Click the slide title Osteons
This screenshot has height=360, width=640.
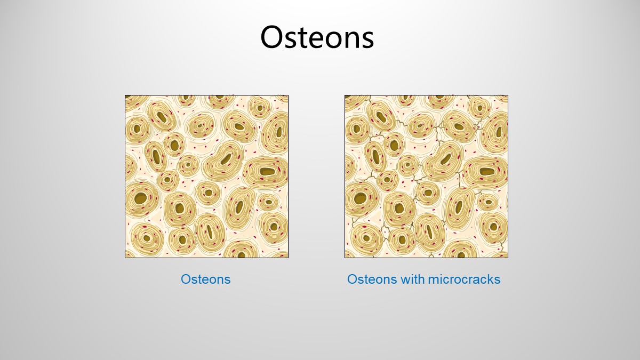click(x=317, y=37)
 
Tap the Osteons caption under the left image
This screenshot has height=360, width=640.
click(x=205, y=279)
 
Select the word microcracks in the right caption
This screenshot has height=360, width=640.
click(x=464, y=279)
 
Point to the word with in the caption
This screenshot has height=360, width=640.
click(x=412, y=279)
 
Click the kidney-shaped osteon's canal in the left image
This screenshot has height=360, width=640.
click(x=226, y=159)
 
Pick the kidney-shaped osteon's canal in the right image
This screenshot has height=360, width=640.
click(x=446, y=159)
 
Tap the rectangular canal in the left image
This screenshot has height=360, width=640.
click(x=267, y=172)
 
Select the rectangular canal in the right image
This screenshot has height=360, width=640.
click(x=487, y=172)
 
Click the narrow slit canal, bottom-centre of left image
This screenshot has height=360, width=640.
click(x=210, y=231)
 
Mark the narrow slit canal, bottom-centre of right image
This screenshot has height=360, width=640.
click(x=429, y=231)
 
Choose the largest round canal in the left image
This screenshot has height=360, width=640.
click(x=141, y=198)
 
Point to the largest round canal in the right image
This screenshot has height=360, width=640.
click(x=361, y=198)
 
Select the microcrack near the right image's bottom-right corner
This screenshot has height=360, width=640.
click(x=503, y=243)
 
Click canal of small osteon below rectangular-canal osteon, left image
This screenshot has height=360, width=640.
click(x=269, y=202)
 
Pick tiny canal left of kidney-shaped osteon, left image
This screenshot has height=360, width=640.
click(x=188, y=165)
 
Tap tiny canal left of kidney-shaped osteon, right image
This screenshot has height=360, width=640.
click(x=407, y=165)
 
